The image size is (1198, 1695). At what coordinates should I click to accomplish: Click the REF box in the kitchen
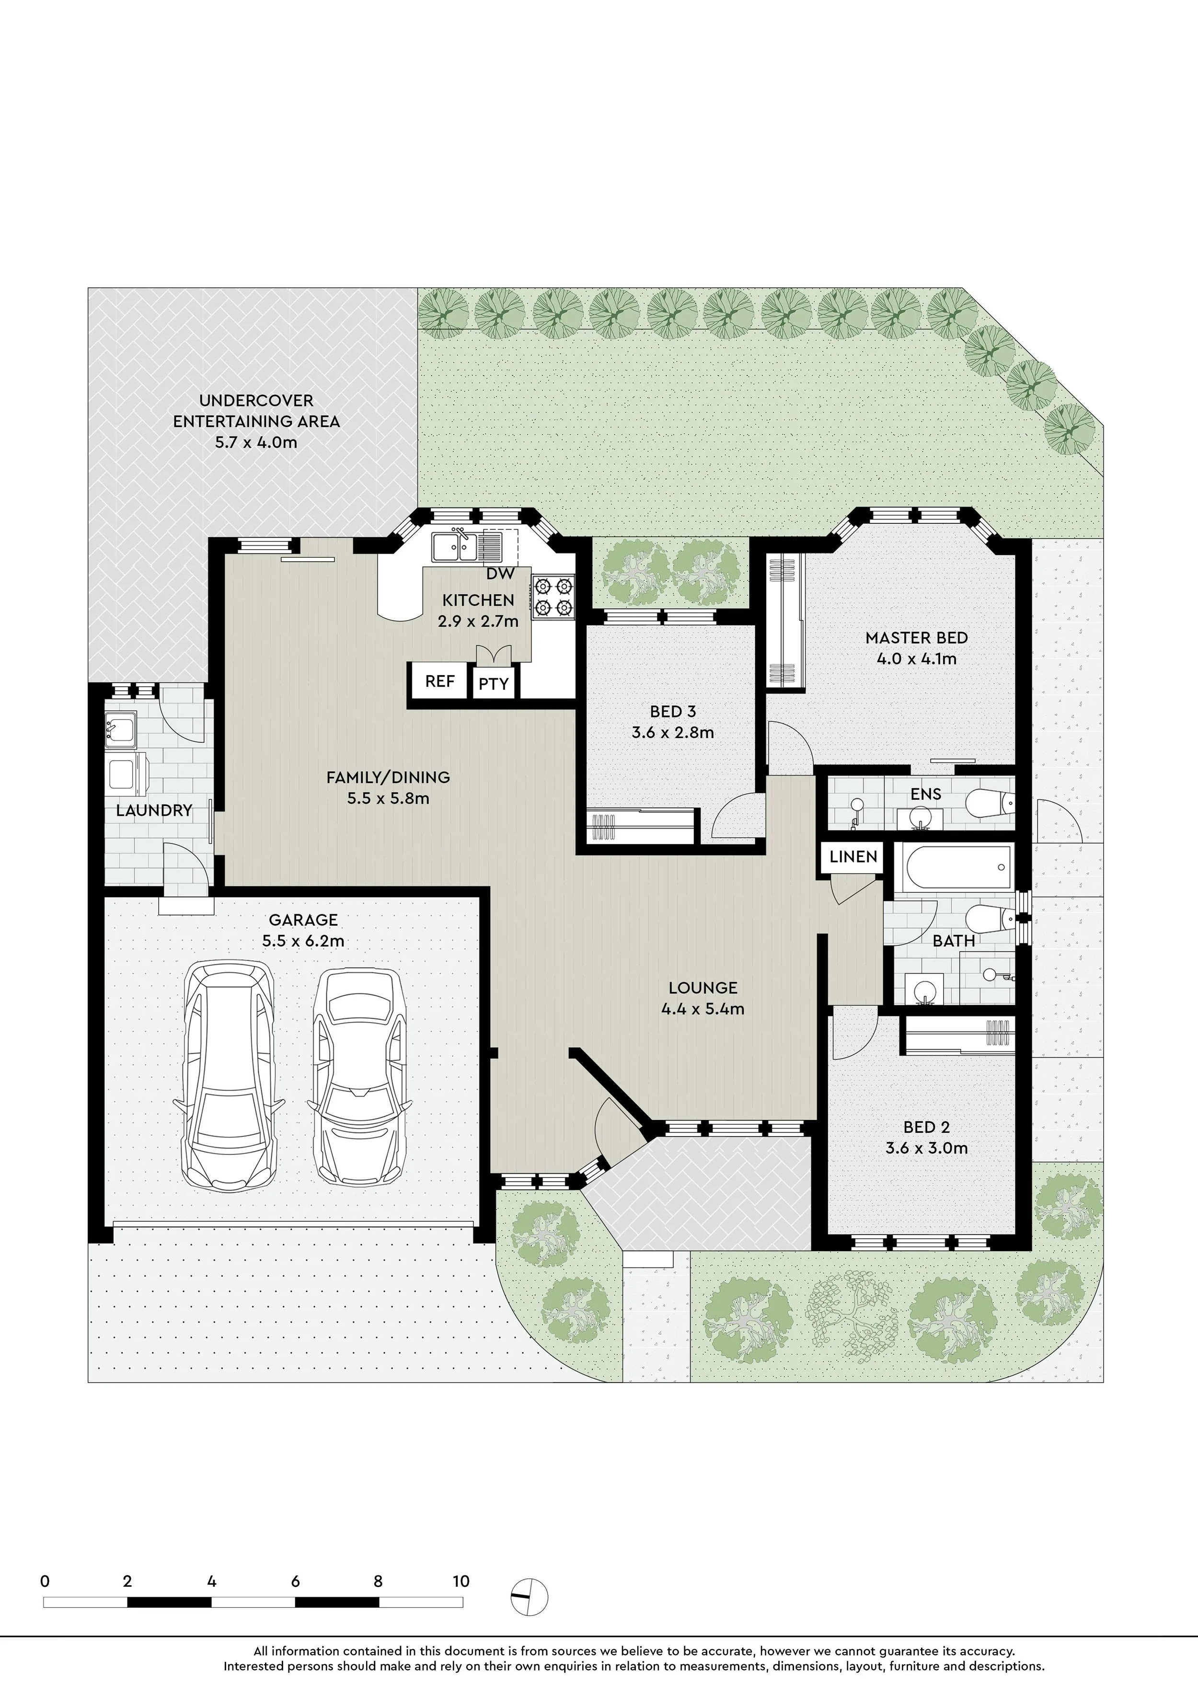click(x=440, y=680)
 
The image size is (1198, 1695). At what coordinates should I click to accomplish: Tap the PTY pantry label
click(x=493, y=684)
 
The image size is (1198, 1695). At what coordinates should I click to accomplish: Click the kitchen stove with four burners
click(x=553, y=597)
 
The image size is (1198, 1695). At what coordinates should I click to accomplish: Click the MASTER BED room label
click(x=916, y=638)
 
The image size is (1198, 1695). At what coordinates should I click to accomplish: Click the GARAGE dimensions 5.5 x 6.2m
click(x=303, y=941)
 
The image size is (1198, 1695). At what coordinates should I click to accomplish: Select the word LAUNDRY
click(x=153, y=810)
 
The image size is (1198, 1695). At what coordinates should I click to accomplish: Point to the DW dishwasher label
click(x=500, y=574)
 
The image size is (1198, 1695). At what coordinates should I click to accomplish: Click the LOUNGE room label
click(x=703, y=988)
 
